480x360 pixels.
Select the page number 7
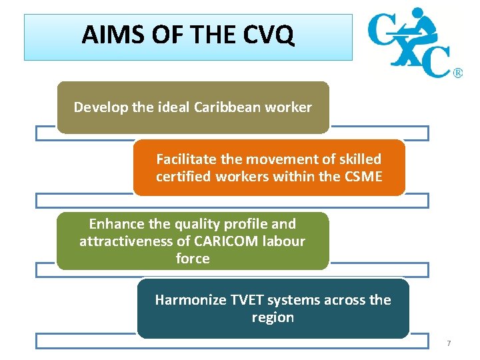449,343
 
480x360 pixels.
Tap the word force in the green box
193,259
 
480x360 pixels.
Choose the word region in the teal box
273,317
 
